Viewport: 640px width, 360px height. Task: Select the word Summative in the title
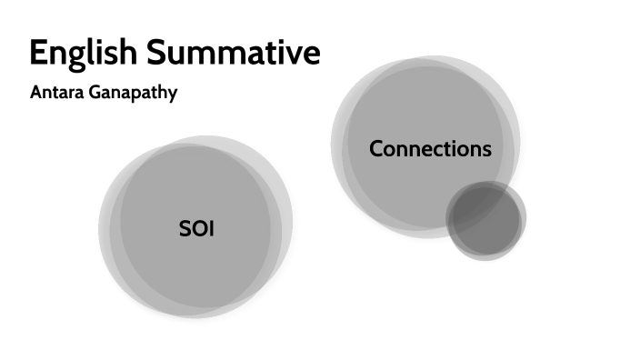tap(234, 52)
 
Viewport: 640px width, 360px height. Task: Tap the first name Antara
tap(56, 92)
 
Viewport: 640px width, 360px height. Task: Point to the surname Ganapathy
tap(133, 94)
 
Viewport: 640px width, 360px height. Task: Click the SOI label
tap(196, 228)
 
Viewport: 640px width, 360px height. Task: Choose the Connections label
tap(430, 148)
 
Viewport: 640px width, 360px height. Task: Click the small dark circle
tap(485, 220)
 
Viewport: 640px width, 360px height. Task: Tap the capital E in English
tap(38, 52)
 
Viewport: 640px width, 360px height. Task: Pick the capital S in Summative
tap(155, 52)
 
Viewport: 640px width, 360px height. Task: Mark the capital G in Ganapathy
tap(95, 92)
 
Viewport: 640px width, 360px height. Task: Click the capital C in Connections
tap(377, 148)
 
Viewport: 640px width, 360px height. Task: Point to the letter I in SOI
tap(212, 228)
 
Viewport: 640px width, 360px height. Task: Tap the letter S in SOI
tap(185, 228)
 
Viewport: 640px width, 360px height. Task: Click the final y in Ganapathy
tap(173, 96)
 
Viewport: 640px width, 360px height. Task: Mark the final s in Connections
tap(486, 151)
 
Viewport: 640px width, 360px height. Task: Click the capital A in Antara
tap(37, 92)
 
